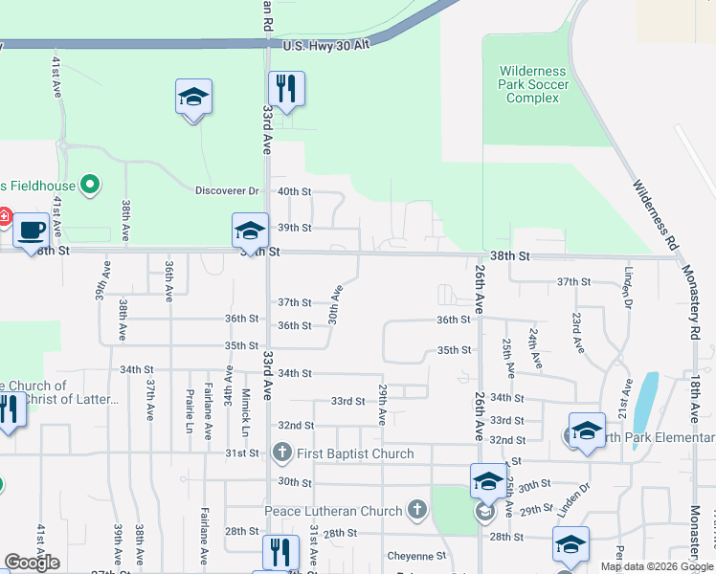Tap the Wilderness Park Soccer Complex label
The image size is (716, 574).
pos(533,84)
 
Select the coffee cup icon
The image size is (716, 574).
pos(31,230)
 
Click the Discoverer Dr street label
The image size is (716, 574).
pos(227,191)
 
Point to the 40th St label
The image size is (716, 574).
pos(294,191)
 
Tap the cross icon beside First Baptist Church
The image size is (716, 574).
pos(281,453)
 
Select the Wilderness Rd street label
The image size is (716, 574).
pos(652,213)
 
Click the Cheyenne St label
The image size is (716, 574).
pos(416,555)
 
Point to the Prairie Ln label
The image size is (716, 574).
pos(189,410)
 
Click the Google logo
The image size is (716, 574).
pos(32,563)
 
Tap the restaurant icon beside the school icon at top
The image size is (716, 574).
pos(286,89)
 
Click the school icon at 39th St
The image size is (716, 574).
pos(249,231)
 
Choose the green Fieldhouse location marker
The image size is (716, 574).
pos(89,183)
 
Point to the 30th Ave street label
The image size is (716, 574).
pos(335,303)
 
